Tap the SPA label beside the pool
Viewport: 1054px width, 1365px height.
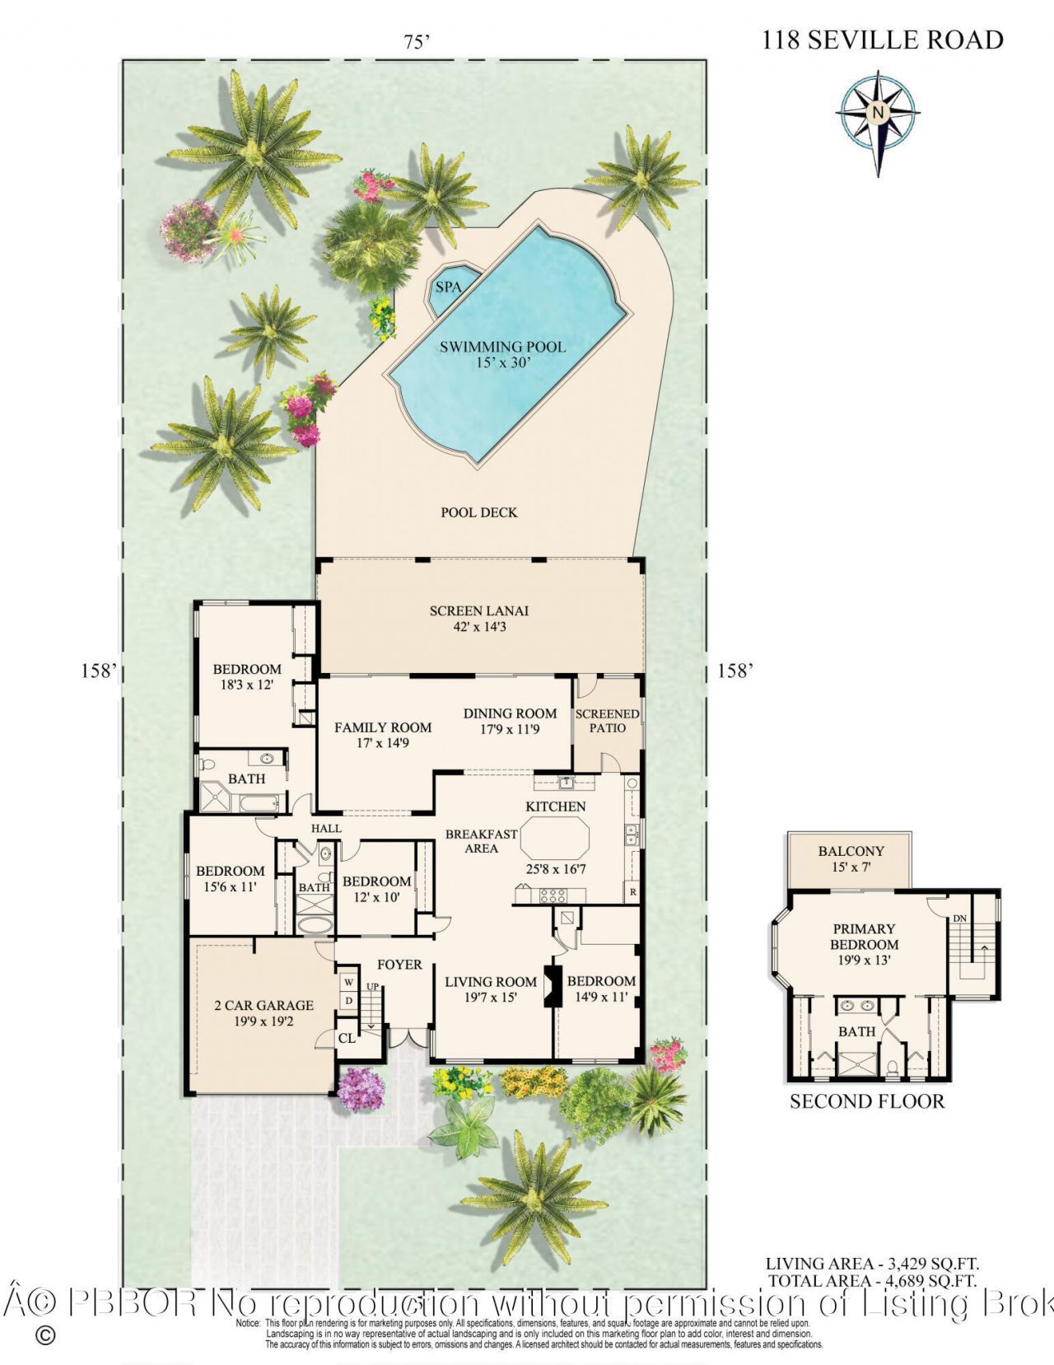click(448, 287)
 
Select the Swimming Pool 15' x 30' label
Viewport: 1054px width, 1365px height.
click(502, 353)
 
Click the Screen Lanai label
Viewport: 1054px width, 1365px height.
click(479, 618)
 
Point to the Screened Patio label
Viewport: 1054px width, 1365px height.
click(607, 721)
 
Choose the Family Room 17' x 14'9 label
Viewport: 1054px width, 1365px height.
click(383, 734)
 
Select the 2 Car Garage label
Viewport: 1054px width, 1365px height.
click(263, 1012)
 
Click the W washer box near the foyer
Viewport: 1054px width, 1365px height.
click(348, 982)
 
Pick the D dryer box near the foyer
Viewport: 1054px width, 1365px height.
click(348, 1000)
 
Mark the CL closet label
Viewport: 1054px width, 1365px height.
click(347, 1038)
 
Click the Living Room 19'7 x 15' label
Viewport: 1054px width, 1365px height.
click(491, 989)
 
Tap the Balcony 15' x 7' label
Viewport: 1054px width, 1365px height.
click(851, 858)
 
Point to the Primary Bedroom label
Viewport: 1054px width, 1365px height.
click(864, 943)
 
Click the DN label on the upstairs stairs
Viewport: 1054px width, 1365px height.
click(960, 918)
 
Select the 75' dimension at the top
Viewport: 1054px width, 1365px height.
click(417, 41)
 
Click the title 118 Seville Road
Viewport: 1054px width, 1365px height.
click(882, 39)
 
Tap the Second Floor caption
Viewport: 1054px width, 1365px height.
click(867, 1101)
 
